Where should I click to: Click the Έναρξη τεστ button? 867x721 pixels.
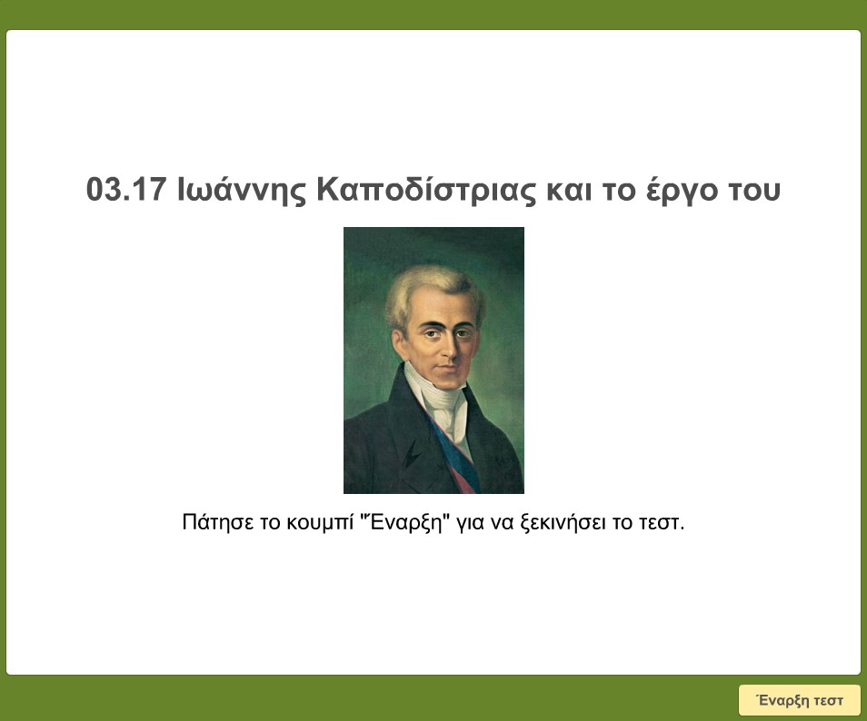800,700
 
